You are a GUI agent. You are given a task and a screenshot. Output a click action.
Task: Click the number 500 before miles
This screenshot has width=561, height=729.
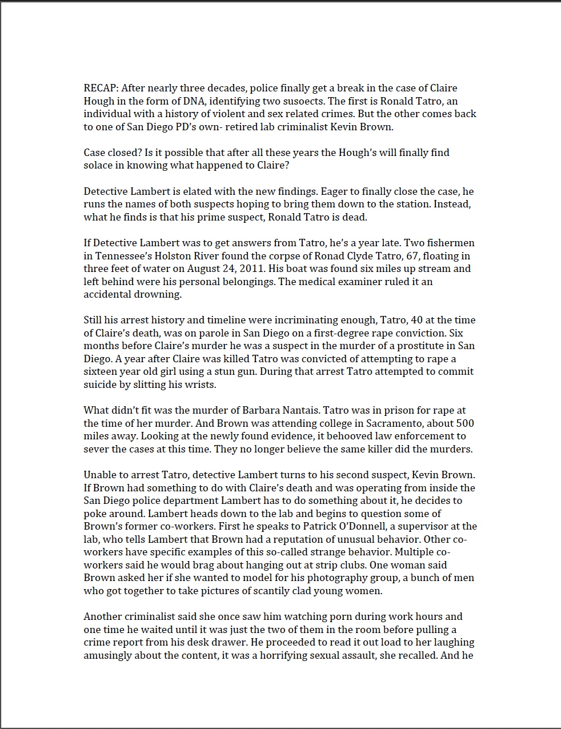coord(465,423)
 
